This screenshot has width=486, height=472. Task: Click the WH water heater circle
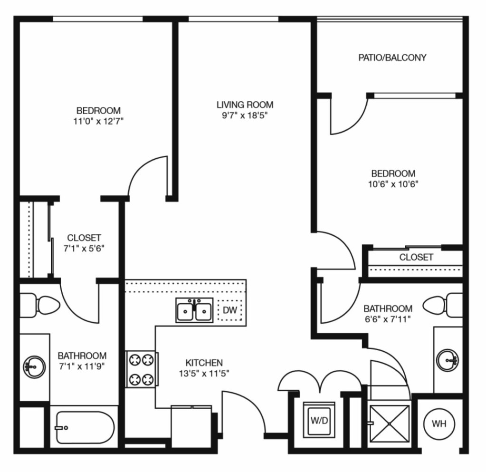[439, 424]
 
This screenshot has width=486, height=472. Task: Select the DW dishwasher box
[230, 310]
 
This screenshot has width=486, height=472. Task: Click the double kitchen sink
[194, 310]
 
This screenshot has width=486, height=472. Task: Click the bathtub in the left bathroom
[85, 428]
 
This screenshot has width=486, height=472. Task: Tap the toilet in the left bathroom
[40, 305]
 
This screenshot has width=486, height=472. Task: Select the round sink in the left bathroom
[34, 367]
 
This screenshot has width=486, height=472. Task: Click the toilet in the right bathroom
[443, 305]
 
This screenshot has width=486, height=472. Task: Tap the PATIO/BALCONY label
[392, 58]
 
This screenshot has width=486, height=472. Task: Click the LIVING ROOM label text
[245, 105]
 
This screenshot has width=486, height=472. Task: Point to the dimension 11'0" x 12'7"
[98, 121]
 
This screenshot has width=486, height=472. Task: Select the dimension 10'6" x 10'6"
[393, 184]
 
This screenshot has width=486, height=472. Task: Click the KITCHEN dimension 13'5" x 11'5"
[204, 374]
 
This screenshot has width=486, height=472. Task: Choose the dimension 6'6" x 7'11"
[388, 319]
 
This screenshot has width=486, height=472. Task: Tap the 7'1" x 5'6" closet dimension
[84, 249]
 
